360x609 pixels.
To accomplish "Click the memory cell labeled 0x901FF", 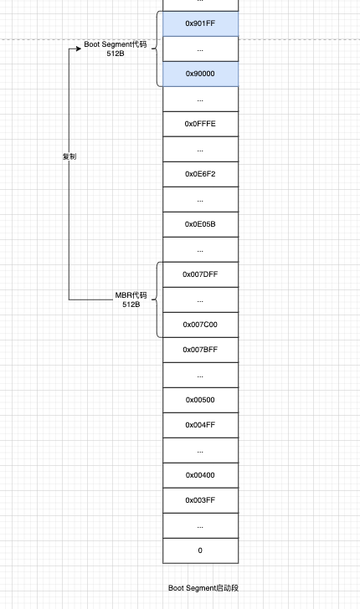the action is [200, 23].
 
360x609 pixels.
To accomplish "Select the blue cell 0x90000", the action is [200, 74].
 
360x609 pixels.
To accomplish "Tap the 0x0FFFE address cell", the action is [200, 124].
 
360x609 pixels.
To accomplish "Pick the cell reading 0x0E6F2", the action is [200, 174].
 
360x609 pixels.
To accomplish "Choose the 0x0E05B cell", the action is [200, 224].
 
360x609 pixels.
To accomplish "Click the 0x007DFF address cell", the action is [200, 274].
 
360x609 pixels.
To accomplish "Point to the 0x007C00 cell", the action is [200, 325].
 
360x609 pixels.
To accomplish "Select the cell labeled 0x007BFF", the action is [200, 350].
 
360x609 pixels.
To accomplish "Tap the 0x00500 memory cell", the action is [200, 400].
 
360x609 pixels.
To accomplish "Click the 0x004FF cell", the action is [200, 425].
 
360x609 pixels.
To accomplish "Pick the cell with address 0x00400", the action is [200, 475].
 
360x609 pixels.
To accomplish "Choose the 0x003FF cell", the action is [200, 500].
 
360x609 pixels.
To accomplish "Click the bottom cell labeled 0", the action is [200, 550].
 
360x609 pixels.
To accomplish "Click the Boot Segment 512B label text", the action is [116, 49].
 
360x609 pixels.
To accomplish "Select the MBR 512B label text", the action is [131, 299].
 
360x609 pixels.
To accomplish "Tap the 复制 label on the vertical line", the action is [69, 156].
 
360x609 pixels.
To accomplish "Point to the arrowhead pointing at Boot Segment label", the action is [78, 49].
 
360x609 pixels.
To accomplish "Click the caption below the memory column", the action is [203, 588].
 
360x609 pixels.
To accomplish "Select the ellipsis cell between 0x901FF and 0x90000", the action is [200, 49].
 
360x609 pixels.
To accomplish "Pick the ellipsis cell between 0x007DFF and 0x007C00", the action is [200, 299].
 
